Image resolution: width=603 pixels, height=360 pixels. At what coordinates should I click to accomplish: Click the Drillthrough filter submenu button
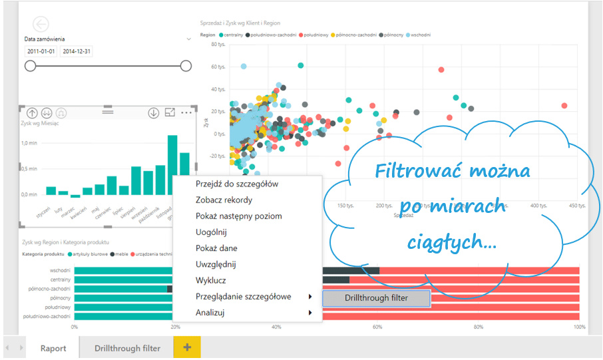click(376, 298)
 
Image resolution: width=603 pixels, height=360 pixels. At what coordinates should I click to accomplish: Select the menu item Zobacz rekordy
click(224, 200)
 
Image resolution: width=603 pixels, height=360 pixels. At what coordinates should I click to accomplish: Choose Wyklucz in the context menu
click(212, 280)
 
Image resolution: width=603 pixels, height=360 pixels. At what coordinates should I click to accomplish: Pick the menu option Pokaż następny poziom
click(238, 216)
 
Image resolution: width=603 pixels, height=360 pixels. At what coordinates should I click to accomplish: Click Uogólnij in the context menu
click(212, 232)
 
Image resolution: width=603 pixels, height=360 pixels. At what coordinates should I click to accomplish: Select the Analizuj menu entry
click(210, 312)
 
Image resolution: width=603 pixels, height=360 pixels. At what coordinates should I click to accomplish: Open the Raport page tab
click(53, 348)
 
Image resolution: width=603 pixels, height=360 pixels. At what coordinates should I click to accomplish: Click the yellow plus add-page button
click(187, 347)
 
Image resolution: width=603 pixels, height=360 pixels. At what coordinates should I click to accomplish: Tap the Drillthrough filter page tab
click(127, 348)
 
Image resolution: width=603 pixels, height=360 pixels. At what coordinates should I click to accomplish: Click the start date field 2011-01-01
click(41, 51)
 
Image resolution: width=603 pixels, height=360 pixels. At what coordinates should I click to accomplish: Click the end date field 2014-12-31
click(76, 51)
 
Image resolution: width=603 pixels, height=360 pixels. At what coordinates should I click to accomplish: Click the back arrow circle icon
click(41, 24)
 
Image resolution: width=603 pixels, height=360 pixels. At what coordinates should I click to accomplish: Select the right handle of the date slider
click(186, 66)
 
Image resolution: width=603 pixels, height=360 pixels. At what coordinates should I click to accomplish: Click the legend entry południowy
click(316, 34)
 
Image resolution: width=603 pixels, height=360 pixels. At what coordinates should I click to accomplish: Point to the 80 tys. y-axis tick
click(218, 45)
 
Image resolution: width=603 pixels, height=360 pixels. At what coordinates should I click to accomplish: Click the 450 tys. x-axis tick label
click(578, 206)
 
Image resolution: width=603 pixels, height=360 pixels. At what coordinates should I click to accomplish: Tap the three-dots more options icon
click(186, 112)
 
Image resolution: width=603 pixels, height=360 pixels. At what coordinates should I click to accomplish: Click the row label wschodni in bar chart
click(61, 270)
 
